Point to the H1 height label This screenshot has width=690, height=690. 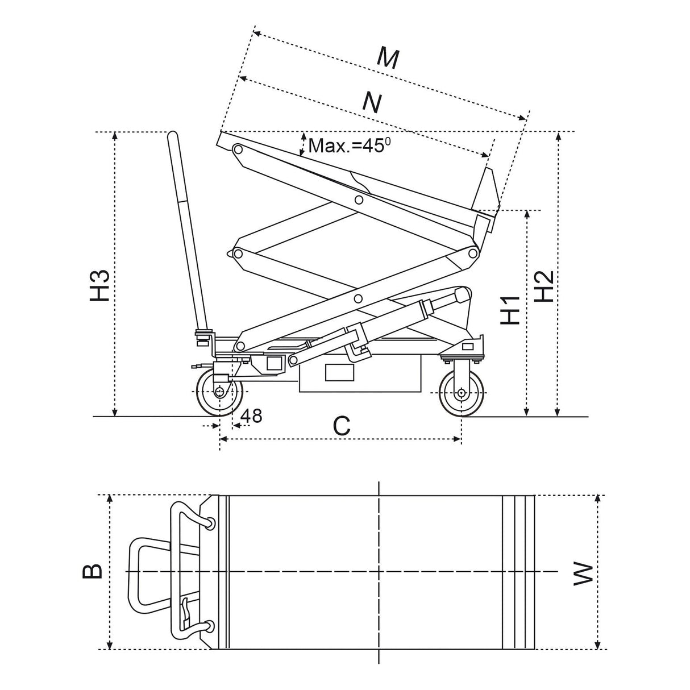pyautogui.click(x=511, y=310)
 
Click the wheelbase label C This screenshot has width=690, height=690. pyautogui.click(x=341, y=426)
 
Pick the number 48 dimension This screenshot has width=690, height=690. pyautogui.click(x=251, y=415)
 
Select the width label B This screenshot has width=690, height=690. pyautogui.click(x=93, y=571)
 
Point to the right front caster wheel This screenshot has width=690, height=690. pyautogui.click(x=462, y=393)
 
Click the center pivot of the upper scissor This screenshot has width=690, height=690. pyautogui.click(x=359, y=199)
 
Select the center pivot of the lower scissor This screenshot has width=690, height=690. pyautogui.click(x=358, y=298)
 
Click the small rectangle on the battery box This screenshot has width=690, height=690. pyautogui.click(x=339, y=372)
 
